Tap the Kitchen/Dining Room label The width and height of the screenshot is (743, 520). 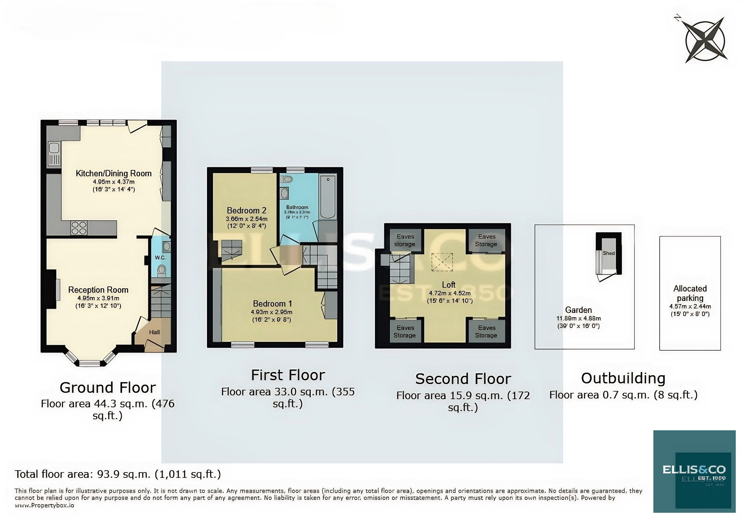[x=114, y=173]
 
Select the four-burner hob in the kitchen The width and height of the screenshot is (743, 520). [x=79, y=228]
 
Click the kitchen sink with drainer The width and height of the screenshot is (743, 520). [x=54, y=154]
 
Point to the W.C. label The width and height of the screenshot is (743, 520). [x=160, y=258]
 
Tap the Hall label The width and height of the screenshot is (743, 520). [x=154, y=332]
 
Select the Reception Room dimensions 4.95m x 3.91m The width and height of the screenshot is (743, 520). [x=98, y=298]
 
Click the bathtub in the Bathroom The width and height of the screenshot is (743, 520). [x=328, y=196]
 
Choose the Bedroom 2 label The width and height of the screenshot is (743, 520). [x=246, y=211]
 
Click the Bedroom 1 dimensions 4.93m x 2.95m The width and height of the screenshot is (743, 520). [x=271, y=312]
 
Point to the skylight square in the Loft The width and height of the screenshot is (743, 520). [x=442, y=262]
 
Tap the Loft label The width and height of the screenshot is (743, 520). [x=449, y=285]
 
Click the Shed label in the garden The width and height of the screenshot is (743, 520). [x=608, y=253]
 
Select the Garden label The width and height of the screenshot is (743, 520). [x=578, y=310]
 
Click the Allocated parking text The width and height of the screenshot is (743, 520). [x=690, y=293]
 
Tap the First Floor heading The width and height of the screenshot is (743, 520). [x=288, y=375]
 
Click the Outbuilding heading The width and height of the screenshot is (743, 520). [x=623, y=378]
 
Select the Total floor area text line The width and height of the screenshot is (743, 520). [x=118, y=474]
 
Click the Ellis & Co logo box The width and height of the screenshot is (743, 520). [x=694, y=471]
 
